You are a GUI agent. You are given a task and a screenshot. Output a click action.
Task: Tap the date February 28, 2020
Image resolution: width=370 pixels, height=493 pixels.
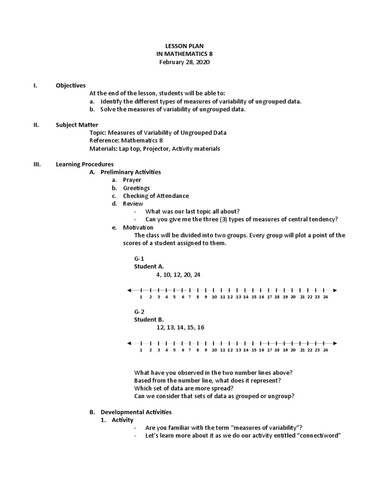185,63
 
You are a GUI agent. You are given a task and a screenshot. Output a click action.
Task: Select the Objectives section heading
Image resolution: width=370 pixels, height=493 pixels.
70,85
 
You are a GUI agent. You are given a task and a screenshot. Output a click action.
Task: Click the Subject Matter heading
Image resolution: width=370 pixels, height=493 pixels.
77,125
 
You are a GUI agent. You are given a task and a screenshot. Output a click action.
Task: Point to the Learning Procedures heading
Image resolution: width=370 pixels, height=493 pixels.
85,164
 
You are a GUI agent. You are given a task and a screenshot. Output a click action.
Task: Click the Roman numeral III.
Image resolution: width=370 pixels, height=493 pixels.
37,164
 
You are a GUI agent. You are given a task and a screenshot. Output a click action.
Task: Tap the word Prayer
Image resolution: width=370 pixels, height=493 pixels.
132,180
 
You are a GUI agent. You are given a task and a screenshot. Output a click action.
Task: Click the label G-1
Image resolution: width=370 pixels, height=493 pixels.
139,259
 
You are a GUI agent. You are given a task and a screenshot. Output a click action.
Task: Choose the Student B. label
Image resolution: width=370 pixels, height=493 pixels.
148,319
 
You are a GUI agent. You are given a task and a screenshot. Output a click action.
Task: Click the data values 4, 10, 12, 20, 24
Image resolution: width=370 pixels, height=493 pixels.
178,274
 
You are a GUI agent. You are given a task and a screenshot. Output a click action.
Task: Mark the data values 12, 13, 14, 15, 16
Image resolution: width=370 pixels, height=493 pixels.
180,327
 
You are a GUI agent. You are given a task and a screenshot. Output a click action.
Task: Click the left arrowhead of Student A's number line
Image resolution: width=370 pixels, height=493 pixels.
129,290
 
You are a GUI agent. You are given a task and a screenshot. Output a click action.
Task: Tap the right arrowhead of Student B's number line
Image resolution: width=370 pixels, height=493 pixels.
335,343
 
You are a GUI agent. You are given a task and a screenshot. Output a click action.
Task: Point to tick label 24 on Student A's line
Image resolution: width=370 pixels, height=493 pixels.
325,297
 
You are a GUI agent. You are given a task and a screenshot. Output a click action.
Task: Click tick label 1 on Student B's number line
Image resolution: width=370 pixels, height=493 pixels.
141,350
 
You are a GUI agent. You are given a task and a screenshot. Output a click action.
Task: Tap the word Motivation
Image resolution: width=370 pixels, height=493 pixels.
138,227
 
